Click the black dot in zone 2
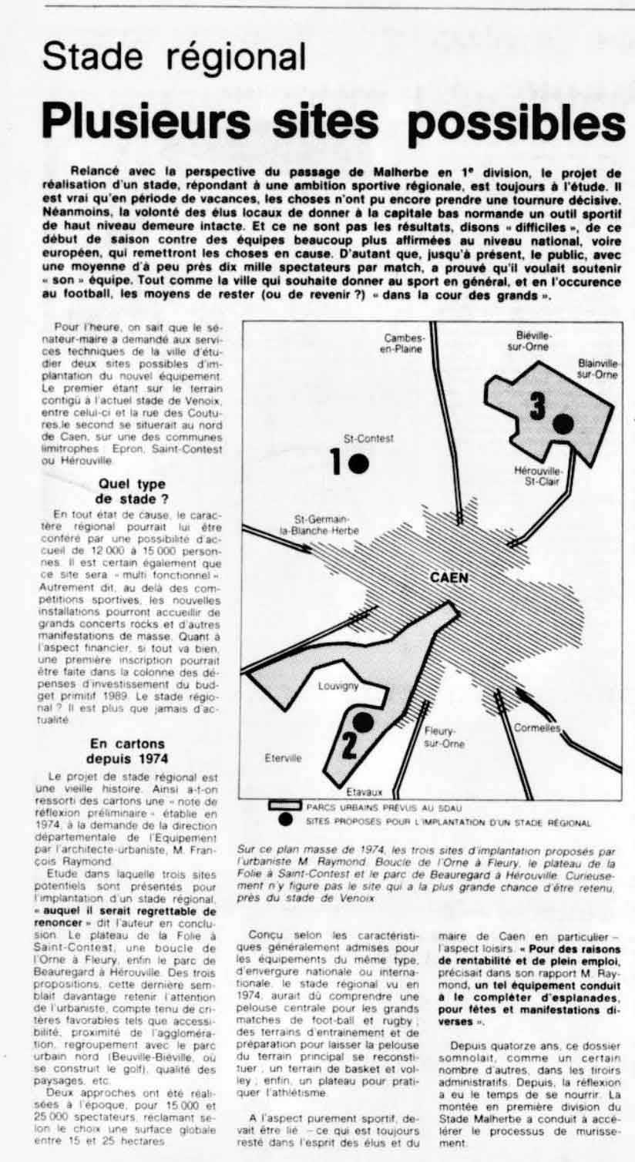click(x=362, y=722)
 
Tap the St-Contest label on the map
click(x=368, y=438)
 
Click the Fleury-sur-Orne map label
click(x=445, y=737)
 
